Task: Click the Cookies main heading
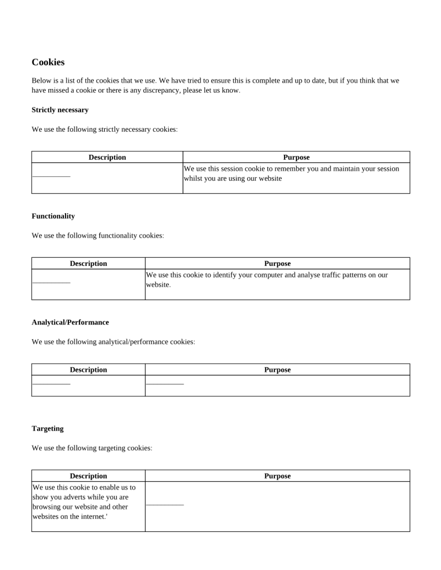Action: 48,62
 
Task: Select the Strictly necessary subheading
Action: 60,110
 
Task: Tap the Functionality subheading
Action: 53,216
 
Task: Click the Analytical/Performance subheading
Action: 70,322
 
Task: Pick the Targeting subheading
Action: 47,428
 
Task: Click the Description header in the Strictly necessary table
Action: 107,158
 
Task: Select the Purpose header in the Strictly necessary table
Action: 296,158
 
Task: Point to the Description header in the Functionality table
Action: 88,264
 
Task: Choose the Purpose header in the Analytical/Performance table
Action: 277,370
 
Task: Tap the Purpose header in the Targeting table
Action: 277,476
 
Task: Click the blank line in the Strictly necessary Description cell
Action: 51,176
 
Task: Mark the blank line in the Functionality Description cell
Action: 51,283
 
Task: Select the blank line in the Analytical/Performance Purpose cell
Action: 164,383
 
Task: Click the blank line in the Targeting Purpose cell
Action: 164,504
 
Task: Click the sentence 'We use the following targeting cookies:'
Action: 92,448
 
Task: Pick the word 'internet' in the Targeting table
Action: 90,517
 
